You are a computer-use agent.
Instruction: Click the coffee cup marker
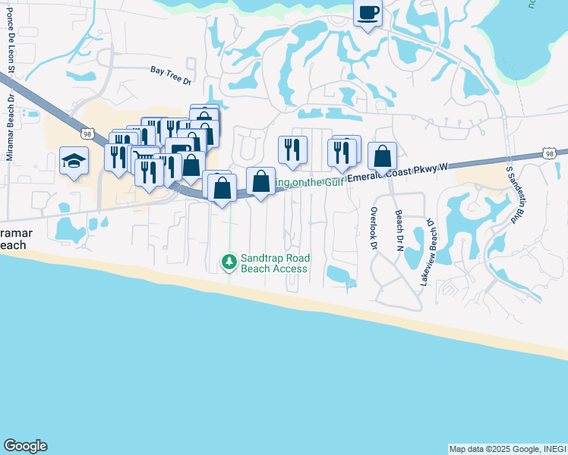[368, 14]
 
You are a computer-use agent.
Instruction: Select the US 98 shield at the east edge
[549, 154]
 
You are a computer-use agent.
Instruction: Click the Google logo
[25, 446]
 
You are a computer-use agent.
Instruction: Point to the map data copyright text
[506, 449]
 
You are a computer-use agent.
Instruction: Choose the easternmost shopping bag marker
[383, 156]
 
